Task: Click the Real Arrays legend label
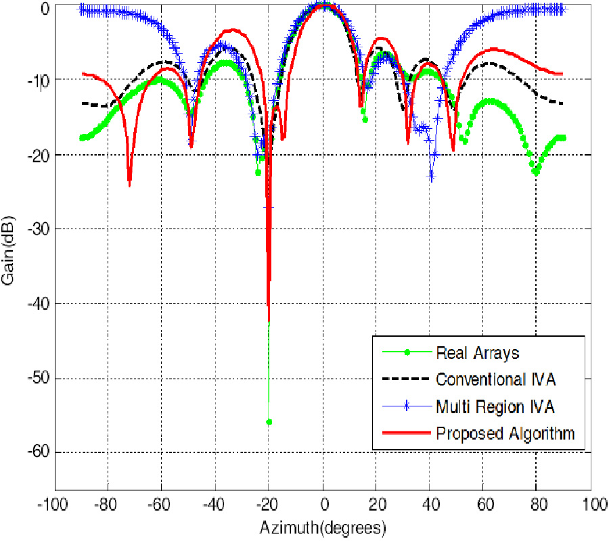[468, 352]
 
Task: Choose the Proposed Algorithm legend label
[505, 433]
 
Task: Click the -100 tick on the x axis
[55, 504]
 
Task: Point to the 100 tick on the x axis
[593, 504]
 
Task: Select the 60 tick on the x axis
[486, 504]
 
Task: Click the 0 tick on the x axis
[324, 504]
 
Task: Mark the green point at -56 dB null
[269, 422]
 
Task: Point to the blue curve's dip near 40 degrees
[432, 177]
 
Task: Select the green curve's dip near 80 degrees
[536, 172]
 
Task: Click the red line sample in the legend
[404, 433]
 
